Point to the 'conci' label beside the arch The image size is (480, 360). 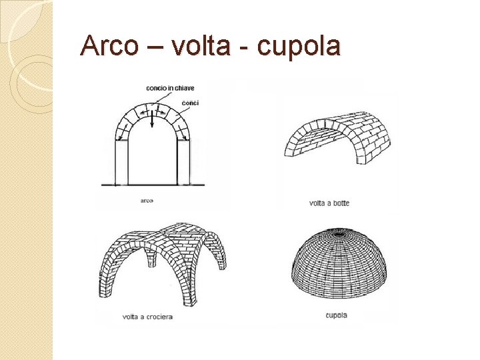(190, 103)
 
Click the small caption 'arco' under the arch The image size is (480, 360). (147, 199)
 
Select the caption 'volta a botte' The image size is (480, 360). (329, 203)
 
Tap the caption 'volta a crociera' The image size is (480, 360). (147, 317)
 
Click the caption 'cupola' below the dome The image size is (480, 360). (336, 315)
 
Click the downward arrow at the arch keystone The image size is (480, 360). (152, 120)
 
